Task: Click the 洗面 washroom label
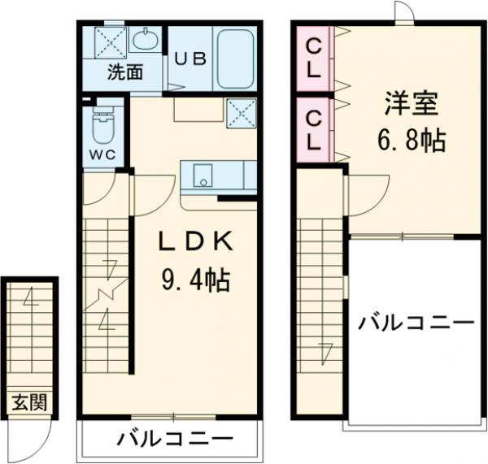126,72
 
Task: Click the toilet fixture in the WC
102,126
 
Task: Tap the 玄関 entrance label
28,401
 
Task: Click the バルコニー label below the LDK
172,441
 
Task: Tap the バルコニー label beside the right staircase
416,323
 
